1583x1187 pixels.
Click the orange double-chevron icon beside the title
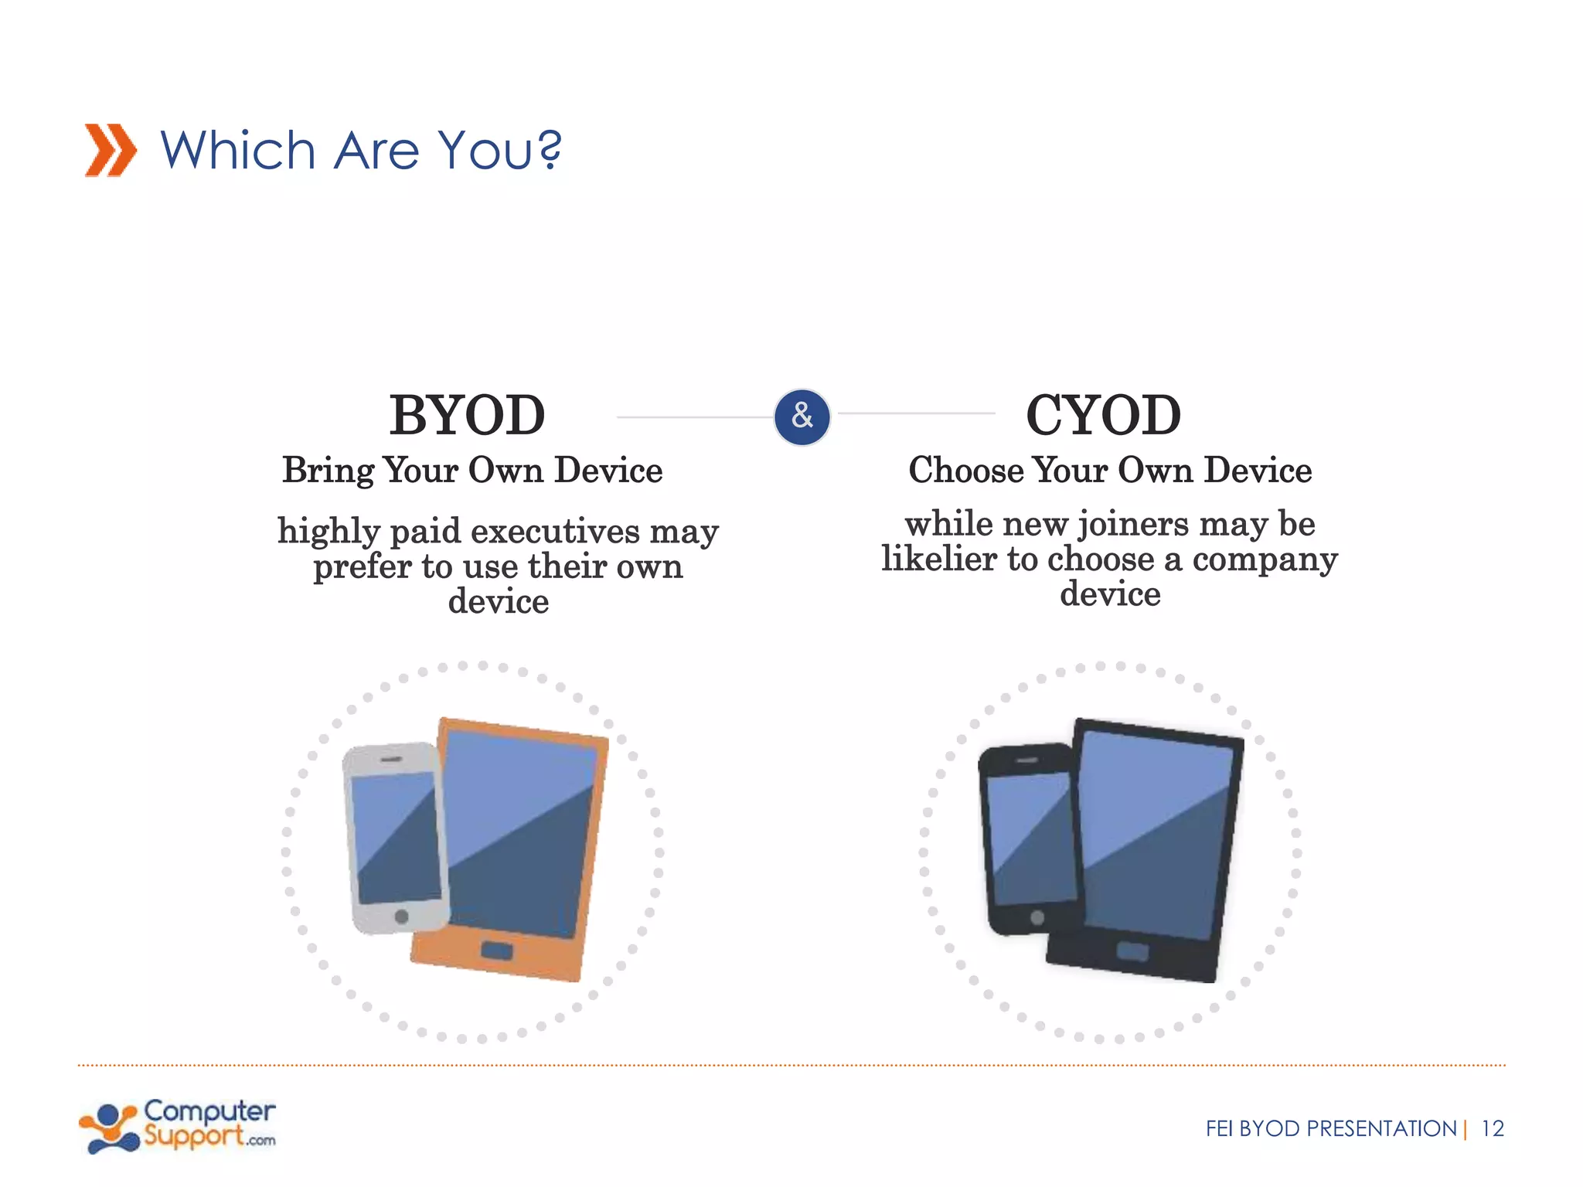(111, 150)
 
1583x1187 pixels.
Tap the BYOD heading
(467, 416)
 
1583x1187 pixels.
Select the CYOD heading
(1103, 416)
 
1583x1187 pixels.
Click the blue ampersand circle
(802, 417)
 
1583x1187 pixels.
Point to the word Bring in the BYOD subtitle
(328, 471)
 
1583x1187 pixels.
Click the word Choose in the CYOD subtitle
(966, 471)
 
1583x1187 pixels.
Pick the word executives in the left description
(556, 532)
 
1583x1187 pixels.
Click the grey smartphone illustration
(393, 838)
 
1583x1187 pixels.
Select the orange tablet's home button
(496, 950)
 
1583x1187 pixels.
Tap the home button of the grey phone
(401, 917)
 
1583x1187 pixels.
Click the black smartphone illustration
(1028, 838)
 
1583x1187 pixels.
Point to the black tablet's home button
(1132, 951)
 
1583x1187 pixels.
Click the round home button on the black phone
(1037, 917)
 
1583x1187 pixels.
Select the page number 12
(1492, 1129)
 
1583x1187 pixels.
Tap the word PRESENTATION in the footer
(1381, 1129)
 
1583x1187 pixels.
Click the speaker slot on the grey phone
(390, 760)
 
